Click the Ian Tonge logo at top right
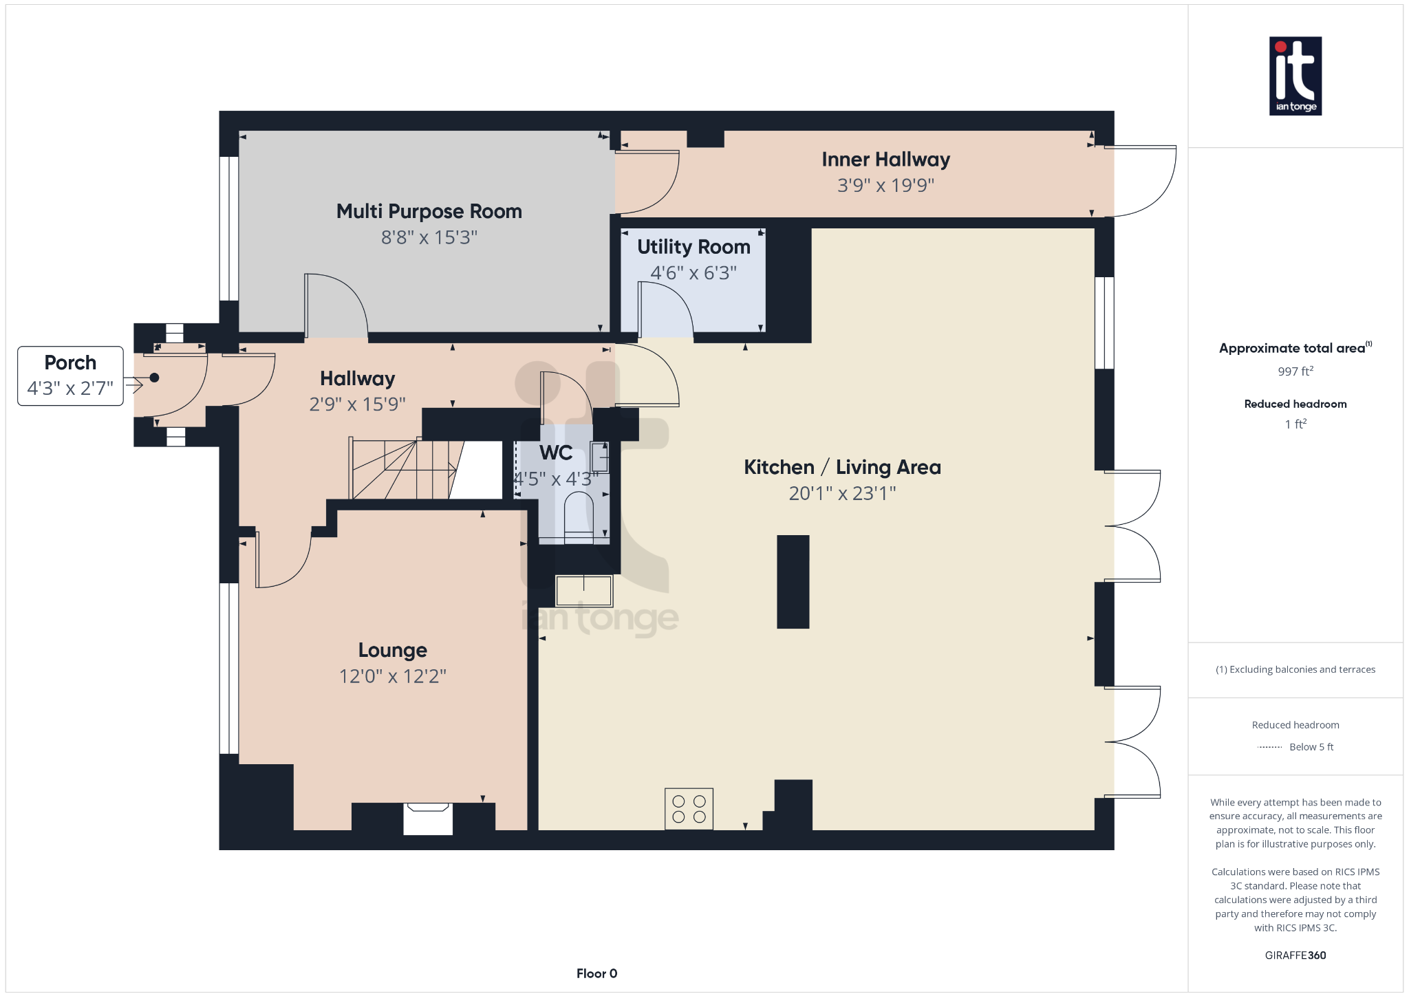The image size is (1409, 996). click(x=1295, y=76)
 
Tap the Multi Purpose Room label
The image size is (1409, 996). click(x=429, y=211)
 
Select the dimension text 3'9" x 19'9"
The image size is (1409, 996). click(x=885, y=185)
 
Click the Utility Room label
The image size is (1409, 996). click(x=693, y=247)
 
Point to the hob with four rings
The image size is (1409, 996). click(x=689, y=809)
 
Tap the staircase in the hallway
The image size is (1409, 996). click(x=402, y=469)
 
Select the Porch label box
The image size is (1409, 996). click(x=70, y=376)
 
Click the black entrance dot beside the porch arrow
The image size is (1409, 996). click(x=154, y=378)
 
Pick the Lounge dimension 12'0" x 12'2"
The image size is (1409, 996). click(x=392, y=676)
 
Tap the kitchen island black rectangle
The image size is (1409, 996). click(x=793, y=582)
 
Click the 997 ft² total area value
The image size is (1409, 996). click(x=1295, y=371)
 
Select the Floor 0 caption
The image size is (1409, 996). click(x=596, y=973)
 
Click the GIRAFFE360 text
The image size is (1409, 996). click(x=1295, y=955)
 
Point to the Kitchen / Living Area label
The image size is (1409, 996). click(x=842, y=467)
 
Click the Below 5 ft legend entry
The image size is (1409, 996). click(x=1311, y=747)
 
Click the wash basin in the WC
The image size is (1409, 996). click(x=599, y=456)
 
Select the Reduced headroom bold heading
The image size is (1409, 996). click(x=1295, y=404)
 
